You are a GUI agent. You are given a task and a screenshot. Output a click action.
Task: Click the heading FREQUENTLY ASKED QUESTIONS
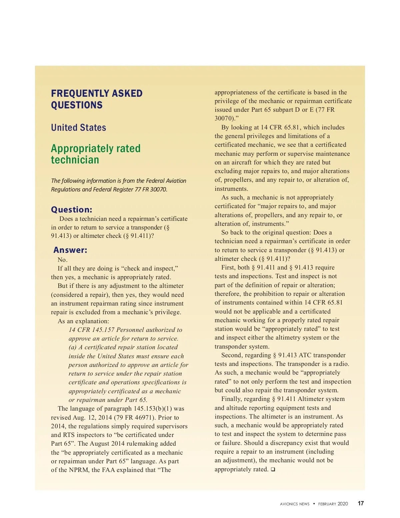click(97, 99)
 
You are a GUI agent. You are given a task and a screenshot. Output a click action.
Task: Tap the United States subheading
click(78, 127)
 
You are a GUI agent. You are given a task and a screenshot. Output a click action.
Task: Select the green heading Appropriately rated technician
click(96, 154)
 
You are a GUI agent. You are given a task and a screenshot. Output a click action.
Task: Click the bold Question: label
click(71, 209)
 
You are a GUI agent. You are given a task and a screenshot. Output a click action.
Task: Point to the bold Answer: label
click(70, 250)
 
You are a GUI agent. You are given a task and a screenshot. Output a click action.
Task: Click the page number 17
click(361, 503)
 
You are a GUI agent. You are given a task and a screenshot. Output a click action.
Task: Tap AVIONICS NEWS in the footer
click(295, 504)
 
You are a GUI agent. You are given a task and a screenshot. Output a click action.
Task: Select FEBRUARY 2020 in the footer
click(333, 504)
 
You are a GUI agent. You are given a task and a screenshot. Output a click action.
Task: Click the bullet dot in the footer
click(314, 504)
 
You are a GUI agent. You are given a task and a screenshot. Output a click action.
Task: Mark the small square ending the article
click(273, 470)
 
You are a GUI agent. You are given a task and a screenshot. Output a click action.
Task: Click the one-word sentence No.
click(62, 260)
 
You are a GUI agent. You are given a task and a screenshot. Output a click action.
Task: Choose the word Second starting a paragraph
click(233, 355)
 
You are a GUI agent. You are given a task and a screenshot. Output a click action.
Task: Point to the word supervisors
click(170, 426)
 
